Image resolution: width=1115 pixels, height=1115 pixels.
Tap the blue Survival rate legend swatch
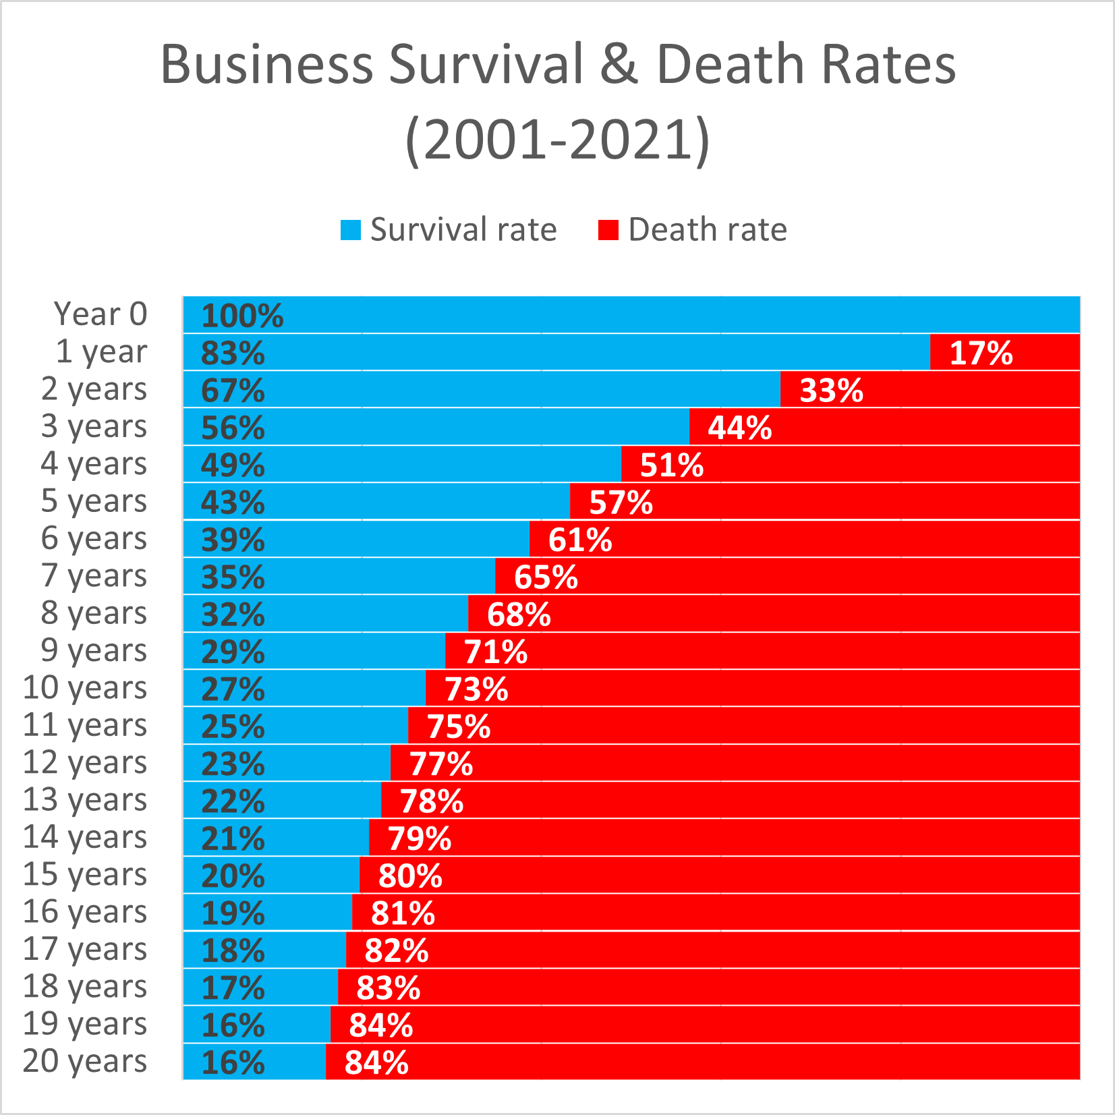pos(351,230)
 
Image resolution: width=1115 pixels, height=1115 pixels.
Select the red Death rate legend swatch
pos(608,230)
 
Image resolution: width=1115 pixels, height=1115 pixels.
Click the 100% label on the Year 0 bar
pos(242,316)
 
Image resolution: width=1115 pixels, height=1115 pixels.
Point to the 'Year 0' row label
pos(101,314)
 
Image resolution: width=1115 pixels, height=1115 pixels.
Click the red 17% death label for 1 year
pos(981,353)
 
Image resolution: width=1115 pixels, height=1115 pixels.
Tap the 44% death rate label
pos(740,428)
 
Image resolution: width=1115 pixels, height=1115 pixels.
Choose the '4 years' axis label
pos(94,464)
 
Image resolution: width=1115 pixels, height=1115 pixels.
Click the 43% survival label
pos(233,503)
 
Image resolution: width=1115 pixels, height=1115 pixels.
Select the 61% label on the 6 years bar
pos(580,540)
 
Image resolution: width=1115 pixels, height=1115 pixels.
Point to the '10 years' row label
pos(85,688)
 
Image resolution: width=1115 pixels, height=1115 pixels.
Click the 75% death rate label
pos(459,726)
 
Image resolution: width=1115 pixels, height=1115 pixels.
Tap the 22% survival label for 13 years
pos(233,801)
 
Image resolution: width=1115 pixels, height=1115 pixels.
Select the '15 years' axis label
pos(85,875)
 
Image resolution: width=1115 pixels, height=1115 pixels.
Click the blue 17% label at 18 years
pos(233,988)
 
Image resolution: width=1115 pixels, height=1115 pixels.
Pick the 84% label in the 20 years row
pos(376,1062)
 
